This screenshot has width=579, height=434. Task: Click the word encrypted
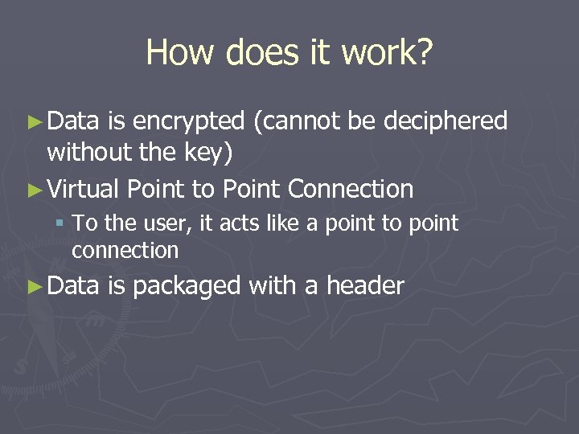(188, 121)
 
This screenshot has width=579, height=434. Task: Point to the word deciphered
(446, 121)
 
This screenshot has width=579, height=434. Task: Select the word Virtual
(84, 190)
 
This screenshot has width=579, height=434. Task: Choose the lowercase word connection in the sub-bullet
(125, 251)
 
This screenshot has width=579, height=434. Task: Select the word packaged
(186, 285)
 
